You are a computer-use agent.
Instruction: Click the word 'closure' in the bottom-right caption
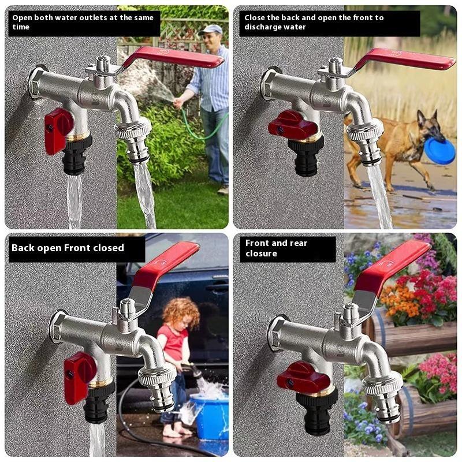261,254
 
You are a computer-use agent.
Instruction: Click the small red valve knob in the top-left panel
58,131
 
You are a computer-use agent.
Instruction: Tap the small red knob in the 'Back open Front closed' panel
79,377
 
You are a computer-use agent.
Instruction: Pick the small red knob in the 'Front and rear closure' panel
303,377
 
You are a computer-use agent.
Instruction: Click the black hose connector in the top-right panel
305,155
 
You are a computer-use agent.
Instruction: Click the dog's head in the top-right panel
431,124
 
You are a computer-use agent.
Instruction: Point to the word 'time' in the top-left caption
21,27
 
